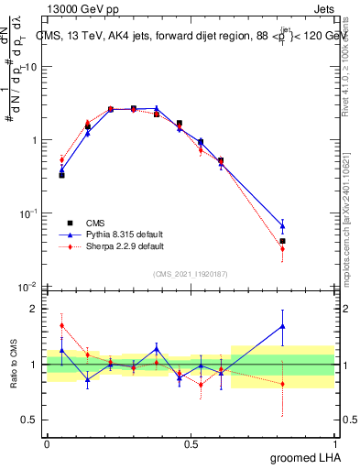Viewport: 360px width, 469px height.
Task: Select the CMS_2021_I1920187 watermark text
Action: [x=190, y=274]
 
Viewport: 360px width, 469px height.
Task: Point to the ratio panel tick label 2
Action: [x=36, y=309]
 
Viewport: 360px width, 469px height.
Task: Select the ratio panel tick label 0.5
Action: [x=31, y=420]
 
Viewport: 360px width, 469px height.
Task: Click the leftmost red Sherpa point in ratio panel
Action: [x=61, y=325]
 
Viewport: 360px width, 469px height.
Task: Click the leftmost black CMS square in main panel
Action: [x=61, y=174]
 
